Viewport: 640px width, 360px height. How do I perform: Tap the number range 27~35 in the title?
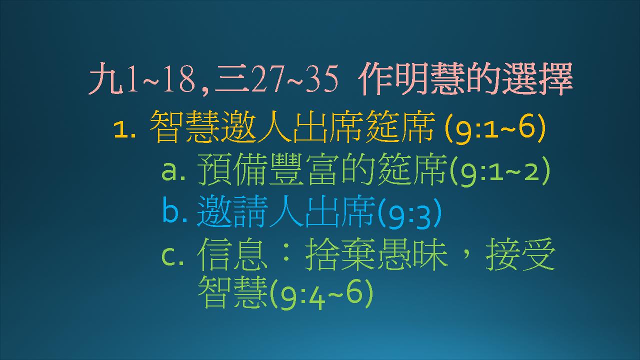(x=294, y=78)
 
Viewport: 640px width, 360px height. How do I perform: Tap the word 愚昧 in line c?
(x=413, y=254)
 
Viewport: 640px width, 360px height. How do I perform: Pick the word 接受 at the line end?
(x=520, y=254)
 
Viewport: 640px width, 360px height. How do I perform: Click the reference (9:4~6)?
(x=321, y=294)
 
